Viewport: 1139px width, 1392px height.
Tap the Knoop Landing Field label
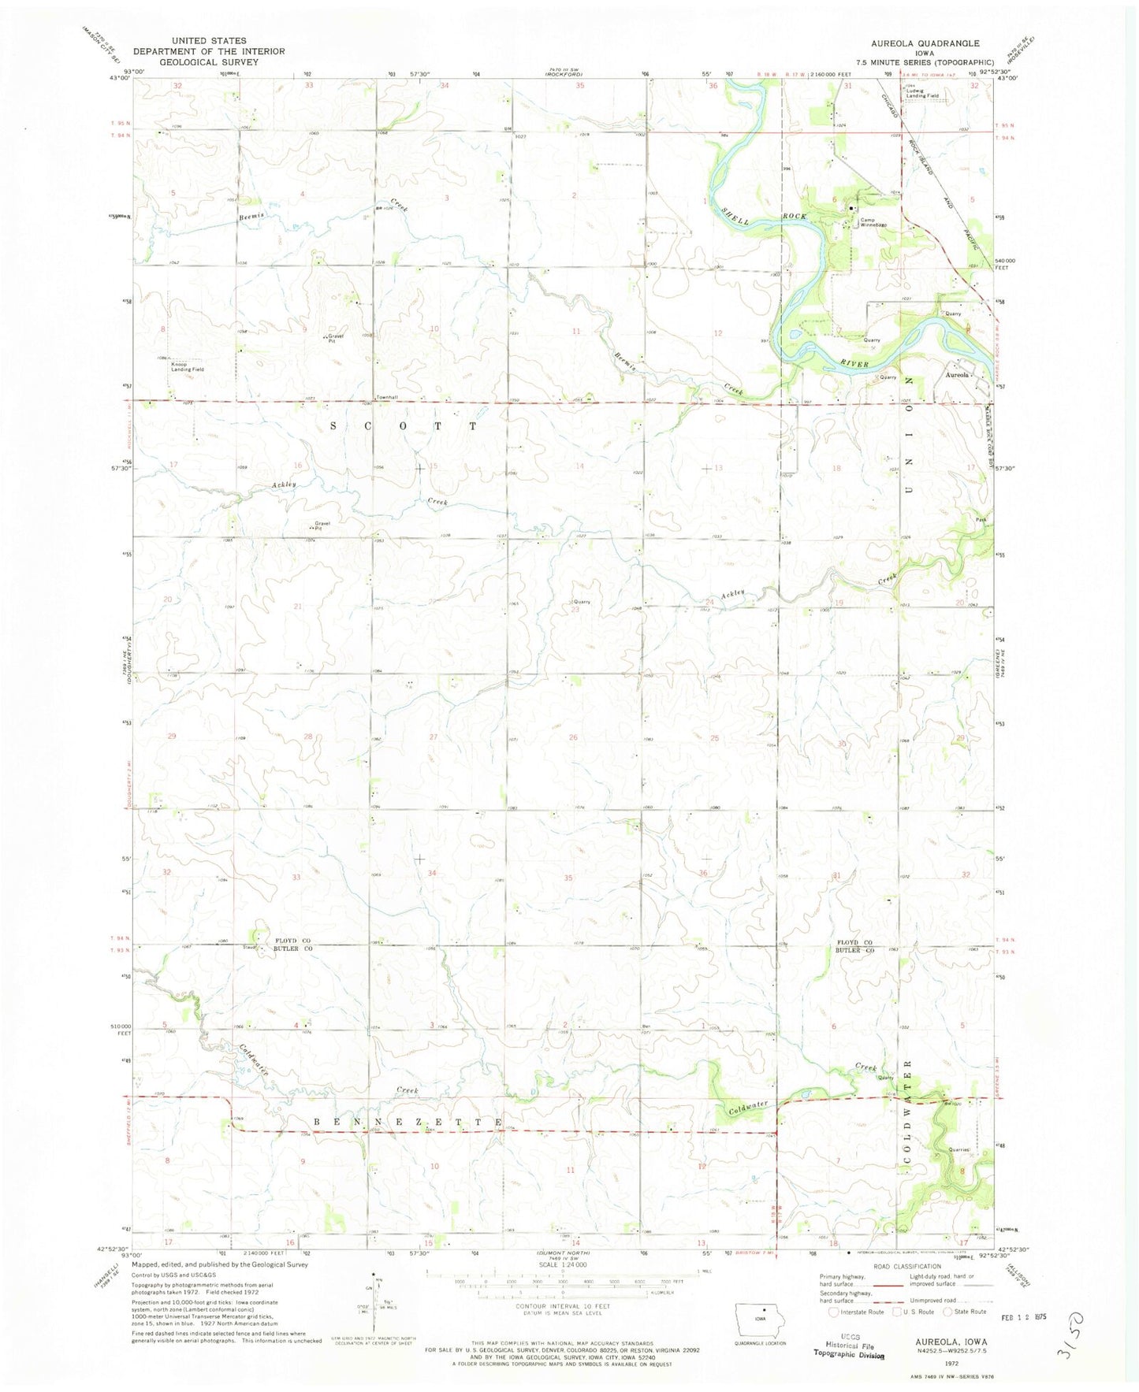click(x=188, y=367)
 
